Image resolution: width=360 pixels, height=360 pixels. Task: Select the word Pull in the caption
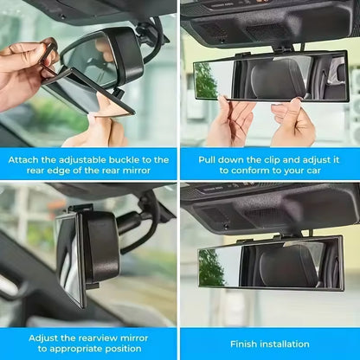pos(208,160)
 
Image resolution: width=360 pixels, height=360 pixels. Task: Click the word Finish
pos(246,344)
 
